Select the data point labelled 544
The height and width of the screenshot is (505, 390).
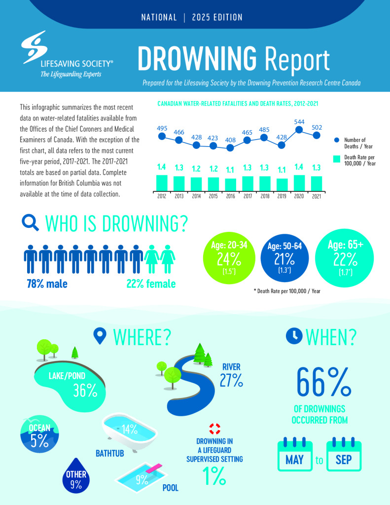pyautogui.click(x=299, y=130)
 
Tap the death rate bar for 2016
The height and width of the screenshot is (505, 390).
pyautogui.click(x=230, y=184)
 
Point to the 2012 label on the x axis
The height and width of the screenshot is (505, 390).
pyautogui.click(x=162, y=195)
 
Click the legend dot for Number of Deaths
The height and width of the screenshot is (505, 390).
pyautogui.click(x=336, y=140)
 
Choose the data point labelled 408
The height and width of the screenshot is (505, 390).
pyautogui.click(x=230, y=147)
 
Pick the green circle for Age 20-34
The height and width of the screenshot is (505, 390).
pyautogui.click(x=228, y=262)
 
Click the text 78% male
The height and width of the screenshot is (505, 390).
pyautogui.click(x=47, y=284)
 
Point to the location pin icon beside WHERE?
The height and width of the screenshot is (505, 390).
pyautogui.click(x=101, y=336)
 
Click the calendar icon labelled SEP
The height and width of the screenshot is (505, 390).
pyautogui.click(x=344, y=454)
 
